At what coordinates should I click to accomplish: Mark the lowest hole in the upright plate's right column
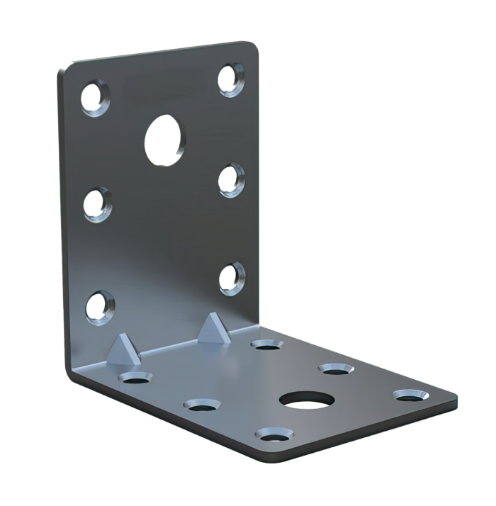pyautogui.click(x=230, y=277)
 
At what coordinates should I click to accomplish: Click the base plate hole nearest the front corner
pyautogui.click(x=274, y=433)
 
